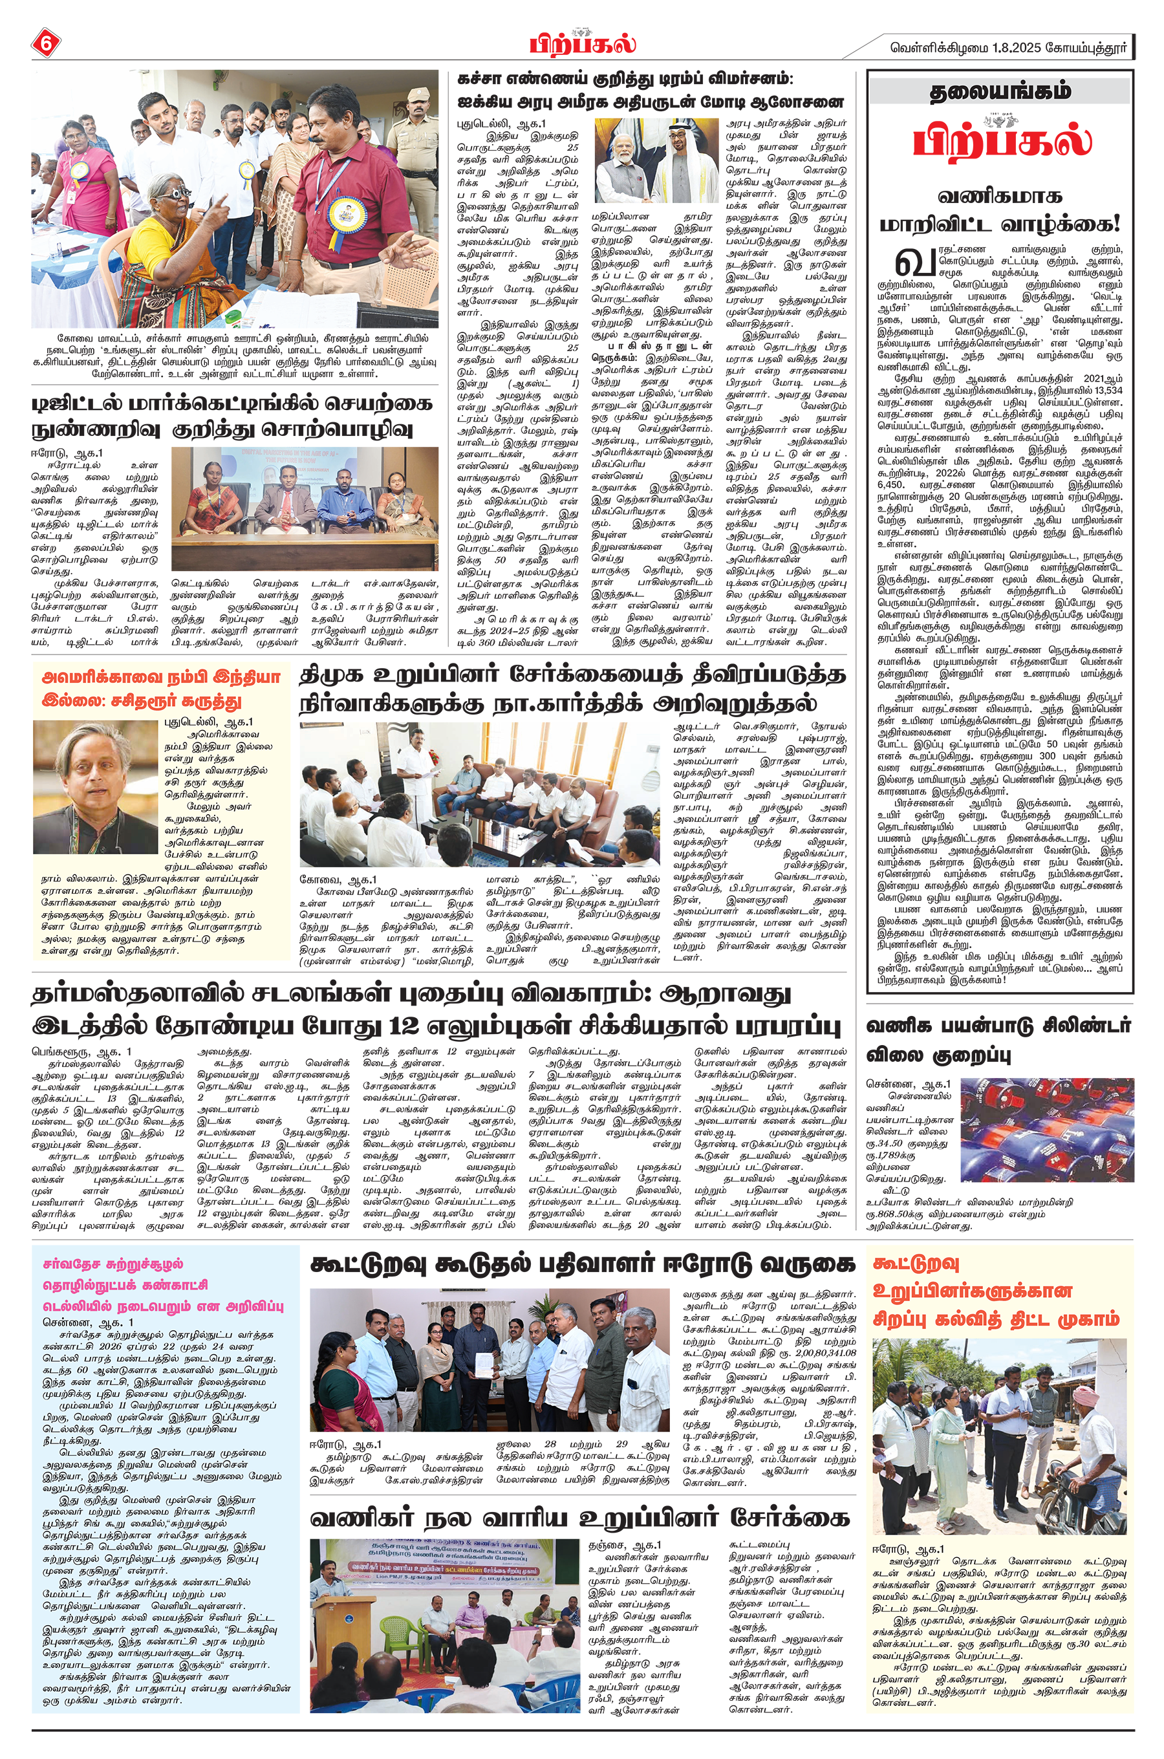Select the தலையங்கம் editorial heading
[x=1000, y=91]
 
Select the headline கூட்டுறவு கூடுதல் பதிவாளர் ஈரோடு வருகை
[x=582, y=1264]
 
